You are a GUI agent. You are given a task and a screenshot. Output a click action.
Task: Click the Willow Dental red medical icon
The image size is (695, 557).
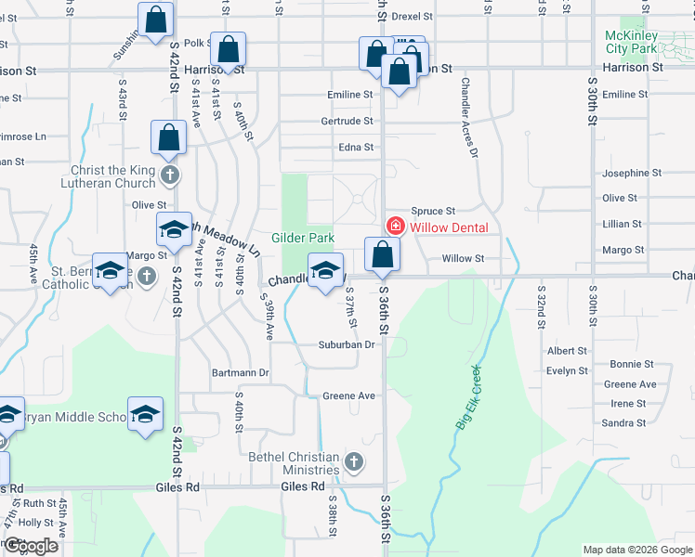pyautogui.click(x=395, y=227)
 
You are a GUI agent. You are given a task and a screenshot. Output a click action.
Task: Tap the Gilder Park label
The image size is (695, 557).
pyautogui.click(x=302, y=238)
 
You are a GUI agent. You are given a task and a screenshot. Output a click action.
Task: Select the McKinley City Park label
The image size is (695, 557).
pyautogui.click(x=631, y=42)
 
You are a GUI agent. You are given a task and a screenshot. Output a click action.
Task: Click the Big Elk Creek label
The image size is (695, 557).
pyautogui.click(x=469, y=396)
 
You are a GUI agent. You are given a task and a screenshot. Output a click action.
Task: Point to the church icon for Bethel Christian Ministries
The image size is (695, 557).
pyautogui.click(x=353, y=461)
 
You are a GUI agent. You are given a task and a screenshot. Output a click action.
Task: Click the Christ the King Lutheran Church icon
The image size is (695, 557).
pyautogui.click(x=168, y=175)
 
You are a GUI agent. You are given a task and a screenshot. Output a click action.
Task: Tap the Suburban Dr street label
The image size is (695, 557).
pyautogui.click(x=348, y=344)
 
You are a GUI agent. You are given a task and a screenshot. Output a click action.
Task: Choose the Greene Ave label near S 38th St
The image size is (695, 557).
pyautogui.click(x=348, y=395)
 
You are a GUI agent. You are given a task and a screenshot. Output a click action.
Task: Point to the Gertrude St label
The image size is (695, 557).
pyautogui.click(x=347, y=121)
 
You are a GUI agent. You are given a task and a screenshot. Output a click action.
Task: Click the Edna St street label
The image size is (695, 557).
pyautogui.click(x=356, y=147)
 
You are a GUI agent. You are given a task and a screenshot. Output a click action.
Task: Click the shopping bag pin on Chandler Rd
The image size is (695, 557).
pyautogui.click(x=382, y=254)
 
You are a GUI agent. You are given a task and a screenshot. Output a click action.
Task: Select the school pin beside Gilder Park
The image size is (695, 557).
pyautogui.click(x=324, y=270)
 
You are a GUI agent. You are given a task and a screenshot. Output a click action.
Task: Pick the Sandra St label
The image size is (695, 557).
pyautogui.click(x=623, y=422)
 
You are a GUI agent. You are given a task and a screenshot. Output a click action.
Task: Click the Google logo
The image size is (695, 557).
pyautogui.click(x=32, y=546)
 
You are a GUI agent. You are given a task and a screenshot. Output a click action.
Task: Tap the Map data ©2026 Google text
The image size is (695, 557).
pyautogui.click(x=636, y=550)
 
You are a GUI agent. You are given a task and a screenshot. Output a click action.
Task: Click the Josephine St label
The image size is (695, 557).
pyautogui.click(x=632, y=173)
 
